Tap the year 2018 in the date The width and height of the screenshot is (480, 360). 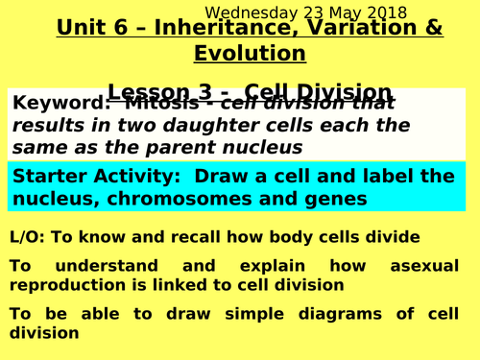(386, 13)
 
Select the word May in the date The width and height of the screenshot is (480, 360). (343, 13)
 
